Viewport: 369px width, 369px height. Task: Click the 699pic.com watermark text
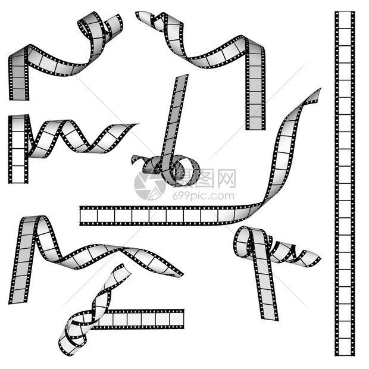click(x=204, y=196)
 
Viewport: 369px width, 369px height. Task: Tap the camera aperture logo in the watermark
click(x=150, y=186)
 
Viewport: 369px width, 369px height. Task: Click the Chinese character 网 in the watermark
click(x=226, y=178)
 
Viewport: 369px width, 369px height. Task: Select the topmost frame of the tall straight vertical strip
click(x=345, y=20)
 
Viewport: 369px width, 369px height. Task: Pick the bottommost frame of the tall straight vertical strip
click(x=345, y=346)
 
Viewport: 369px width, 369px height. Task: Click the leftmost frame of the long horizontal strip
click(x=89, y=216)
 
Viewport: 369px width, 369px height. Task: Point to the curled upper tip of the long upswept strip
click(x=318, y=92)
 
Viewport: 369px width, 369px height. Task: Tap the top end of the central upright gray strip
click(x=182, y=76)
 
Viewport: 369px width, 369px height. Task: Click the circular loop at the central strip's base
click(x=186, y=171)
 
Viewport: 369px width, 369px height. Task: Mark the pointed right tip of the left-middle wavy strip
click(x=137, y=124)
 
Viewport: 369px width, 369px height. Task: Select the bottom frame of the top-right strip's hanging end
click(x=255, y=123)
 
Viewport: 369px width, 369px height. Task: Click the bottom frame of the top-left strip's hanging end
click(x=19, y=94)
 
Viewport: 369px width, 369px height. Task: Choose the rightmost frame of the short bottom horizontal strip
click(x=176, y=319)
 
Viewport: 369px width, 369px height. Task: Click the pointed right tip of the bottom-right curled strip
click(x=320, y=258)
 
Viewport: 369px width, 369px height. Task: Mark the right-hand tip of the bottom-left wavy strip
click(x=182, y=274)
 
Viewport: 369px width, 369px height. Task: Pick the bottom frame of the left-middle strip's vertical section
click(x=18, y=174)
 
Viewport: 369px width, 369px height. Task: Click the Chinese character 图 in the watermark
click(x=204, y=178)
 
